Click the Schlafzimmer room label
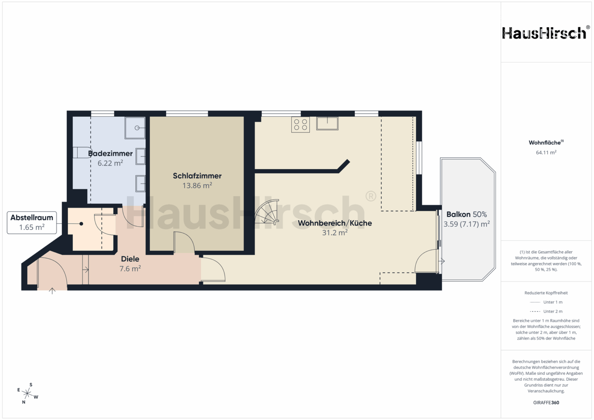click(197, 176)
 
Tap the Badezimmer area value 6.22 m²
click(110, 163)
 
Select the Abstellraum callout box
click(32, 223)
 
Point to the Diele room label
click(130, 259)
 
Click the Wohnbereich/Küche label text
click(335, 223)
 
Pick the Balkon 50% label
click(467, 214)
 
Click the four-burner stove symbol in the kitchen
click(300, 124)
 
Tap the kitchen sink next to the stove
click(327, 124)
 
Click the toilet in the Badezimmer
click(82, 152)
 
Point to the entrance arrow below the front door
click(52, 291)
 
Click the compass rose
click(28, 393)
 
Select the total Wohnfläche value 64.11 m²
click(546, 152)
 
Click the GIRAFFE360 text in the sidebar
click(546, 402)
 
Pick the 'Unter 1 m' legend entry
click(546, 302)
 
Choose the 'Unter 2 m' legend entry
click(546, 311)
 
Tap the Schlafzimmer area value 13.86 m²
click(197, 185)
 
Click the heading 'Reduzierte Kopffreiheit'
click(546, 293)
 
